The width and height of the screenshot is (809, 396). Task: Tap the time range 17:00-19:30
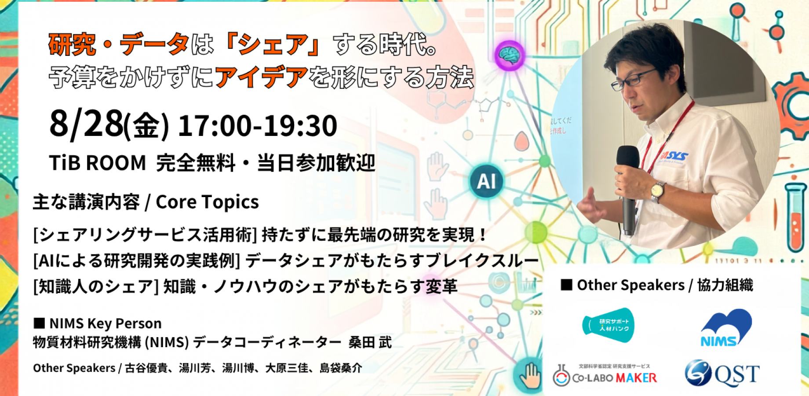257,126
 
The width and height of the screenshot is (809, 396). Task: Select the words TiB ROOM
97,163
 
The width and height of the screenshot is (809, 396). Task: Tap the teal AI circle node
486,181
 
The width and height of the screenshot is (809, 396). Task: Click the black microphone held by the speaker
628,189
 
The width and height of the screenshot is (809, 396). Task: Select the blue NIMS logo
726,327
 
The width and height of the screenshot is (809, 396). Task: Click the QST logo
722,373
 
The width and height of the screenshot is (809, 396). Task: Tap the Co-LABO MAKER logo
605,375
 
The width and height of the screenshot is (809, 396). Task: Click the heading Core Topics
207,202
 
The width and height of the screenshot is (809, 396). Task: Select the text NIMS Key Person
106,323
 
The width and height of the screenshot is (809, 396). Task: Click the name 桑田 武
370,342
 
